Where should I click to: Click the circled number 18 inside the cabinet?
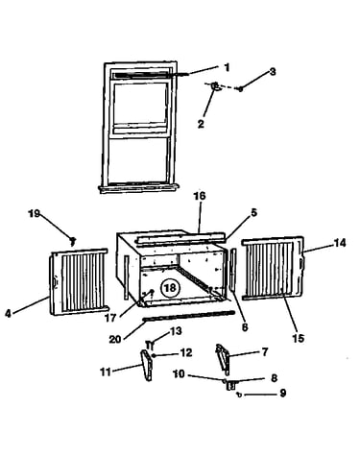click(170, 288)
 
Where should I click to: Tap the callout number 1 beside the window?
click(227, 68)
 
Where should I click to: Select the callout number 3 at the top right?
click(272, 72)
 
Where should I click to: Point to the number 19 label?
click(35, 213)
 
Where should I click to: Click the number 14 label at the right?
click(340, 243)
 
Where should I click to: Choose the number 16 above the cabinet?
click(199, 196)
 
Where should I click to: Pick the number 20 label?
click(115, 339)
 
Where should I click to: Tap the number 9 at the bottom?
click(282, 393)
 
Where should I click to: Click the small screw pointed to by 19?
click(73, 240)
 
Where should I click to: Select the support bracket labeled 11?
click(146, 365)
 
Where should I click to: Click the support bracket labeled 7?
click(224, 359)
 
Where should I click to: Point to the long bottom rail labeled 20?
click(189, 316)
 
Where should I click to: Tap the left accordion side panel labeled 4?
click(79, 281)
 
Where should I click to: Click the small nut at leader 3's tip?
click(240, 89)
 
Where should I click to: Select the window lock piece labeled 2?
click(215, 86)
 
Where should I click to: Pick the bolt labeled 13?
click(150, 345)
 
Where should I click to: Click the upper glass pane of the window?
click(140, 104)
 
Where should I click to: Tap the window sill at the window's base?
click(138, 188)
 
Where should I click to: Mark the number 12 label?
click(186, 353)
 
